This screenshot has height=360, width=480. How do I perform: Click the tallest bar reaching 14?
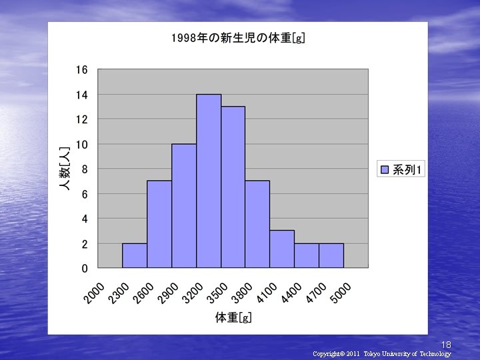tap(209, 181)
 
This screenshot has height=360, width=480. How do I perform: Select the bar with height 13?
tap(233, 187)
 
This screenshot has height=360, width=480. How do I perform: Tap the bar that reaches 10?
tap(184, 206)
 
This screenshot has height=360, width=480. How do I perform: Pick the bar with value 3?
tap(282, 249)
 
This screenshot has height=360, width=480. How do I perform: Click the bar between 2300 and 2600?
tap(135, 255)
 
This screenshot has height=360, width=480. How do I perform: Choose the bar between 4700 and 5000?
tap(331, 255)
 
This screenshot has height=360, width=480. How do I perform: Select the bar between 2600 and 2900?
tap(159, 224)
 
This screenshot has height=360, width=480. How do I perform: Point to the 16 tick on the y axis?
tap(81, 70)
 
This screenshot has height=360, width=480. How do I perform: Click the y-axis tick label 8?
tap(83, 169)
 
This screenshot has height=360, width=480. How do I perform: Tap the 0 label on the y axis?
tap(84, 269)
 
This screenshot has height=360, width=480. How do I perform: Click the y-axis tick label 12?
tap(81, 119)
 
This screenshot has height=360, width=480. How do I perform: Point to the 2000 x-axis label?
tap(93, 293)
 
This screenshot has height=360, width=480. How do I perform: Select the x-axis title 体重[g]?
tap(233, 318)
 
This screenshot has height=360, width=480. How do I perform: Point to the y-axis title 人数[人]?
tap(65, 169)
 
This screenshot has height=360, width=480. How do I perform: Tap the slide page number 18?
tap(446, 345)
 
